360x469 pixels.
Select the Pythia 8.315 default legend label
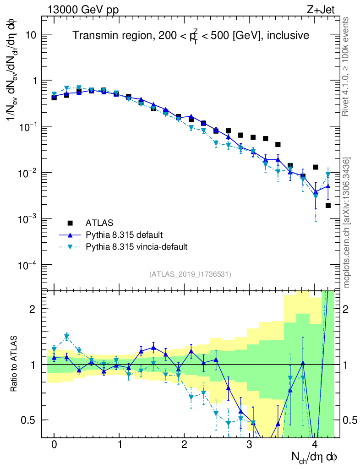[x=124, y=235]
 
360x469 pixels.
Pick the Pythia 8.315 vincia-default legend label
[x=136, y=247]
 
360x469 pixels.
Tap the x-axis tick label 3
[x=249, y=444]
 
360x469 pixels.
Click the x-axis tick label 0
[x=54, y=444]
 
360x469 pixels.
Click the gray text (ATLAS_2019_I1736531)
[x=190, y=274]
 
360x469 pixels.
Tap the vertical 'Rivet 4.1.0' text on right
[x=347, y=67]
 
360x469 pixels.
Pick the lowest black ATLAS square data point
[x=328, y=205]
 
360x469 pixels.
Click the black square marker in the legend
[x=70, y=223]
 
